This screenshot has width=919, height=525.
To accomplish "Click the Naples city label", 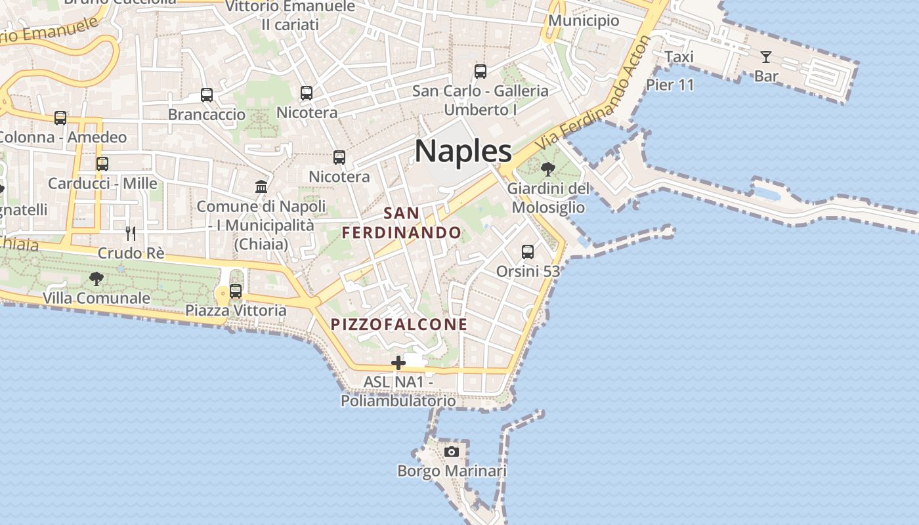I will (x=463, y=151).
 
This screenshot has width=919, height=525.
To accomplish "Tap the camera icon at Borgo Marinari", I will (x=452, y=451).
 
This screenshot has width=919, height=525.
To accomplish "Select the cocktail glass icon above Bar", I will (x=765, y=57).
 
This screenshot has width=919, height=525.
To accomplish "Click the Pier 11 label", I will (x=670, y=85).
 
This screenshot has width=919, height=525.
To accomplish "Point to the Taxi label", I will (x=679, y=57).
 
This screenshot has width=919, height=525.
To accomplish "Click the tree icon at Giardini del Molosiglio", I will (x=548, y=169).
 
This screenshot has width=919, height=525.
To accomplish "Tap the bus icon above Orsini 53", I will (x=528, y=251).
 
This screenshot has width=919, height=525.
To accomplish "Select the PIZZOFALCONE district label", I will (x=399, y=324).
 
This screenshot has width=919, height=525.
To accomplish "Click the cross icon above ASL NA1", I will (x=398, y=363).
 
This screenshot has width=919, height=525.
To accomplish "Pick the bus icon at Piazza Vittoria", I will (x=236, y=291).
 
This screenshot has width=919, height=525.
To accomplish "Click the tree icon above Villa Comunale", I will (x=96, y=279).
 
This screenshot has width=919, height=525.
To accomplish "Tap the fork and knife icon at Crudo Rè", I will (x=131, y=233).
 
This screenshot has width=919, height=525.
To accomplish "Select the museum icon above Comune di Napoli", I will (x=261, y=186).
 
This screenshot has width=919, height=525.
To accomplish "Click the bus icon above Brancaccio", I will (x=207, y=95).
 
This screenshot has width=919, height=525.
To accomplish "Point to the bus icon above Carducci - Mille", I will (x=102, y=164).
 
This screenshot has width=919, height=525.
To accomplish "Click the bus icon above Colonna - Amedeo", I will (x=60, y=118).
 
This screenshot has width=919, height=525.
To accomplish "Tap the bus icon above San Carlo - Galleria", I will (x=481, y=72).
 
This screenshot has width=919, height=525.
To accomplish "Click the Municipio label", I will (x=584, y=20).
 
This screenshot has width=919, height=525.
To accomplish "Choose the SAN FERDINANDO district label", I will (x=401, y=222).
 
